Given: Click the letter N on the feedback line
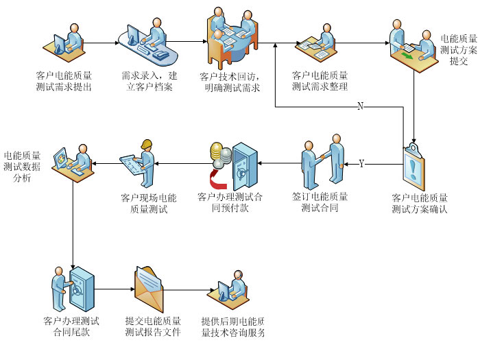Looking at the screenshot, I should pos(361,106).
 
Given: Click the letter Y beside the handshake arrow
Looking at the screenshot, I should pos(361,163).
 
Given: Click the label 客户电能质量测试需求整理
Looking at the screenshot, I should pos(320,81).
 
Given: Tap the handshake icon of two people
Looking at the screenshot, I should pos(322,162).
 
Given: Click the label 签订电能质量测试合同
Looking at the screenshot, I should pos(320,202).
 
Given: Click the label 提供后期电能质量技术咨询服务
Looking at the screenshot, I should pos(233,327).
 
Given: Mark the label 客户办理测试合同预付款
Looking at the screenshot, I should pos(230,202).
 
